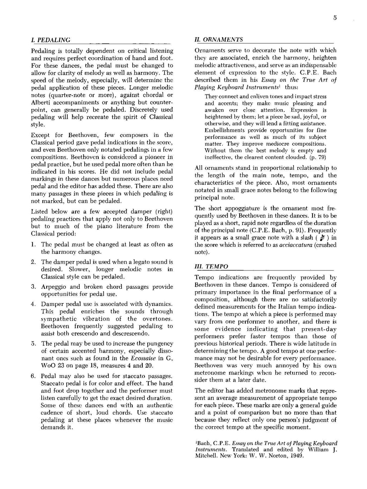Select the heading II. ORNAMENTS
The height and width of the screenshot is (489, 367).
click(x=219, y=39)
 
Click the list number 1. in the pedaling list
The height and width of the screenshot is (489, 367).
click(x=33, y=244)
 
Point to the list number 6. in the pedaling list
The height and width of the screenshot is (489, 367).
click(x=33, y=376)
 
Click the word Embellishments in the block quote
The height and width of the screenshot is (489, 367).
click(x=225, y=130)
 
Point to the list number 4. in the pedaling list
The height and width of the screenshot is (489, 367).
click(x=33, y=304)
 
